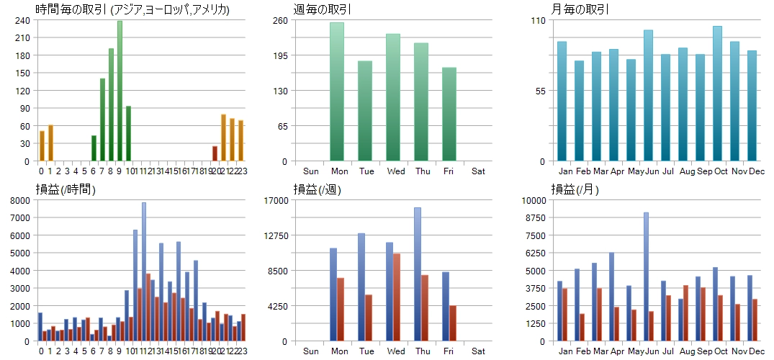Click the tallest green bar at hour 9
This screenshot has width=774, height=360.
120,91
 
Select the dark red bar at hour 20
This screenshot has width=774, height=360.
215,153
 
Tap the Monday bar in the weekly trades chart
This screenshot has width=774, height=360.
337,91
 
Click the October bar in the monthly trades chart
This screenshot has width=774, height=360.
717,94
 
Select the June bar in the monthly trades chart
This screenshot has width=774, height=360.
648,95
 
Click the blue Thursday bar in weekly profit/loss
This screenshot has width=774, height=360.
418,274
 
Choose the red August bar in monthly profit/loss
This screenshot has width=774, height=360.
685,312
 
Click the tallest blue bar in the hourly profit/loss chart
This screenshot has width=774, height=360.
144,271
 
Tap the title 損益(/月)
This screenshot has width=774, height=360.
575,189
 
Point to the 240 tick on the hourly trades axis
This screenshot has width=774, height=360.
22,20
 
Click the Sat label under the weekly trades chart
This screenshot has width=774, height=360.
478,171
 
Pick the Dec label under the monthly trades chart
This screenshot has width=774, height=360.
756,171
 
